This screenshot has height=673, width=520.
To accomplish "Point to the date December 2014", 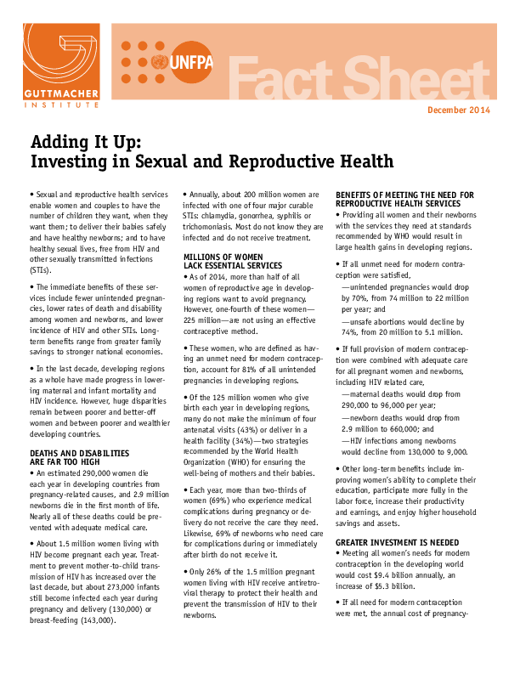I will coord(459,111).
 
